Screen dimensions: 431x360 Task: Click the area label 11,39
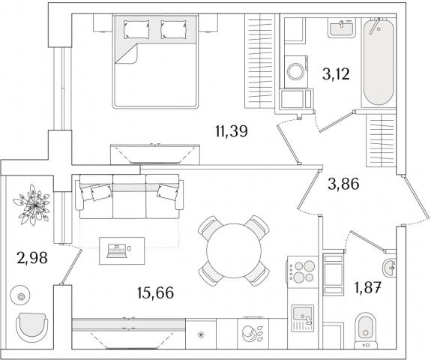tap(232, 131)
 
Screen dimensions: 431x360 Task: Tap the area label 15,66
tap(156, 292)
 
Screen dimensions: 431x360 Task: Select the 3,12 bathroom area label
tap(336, 73)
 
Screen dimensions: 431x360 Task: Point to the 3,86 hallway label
tap(343, 184)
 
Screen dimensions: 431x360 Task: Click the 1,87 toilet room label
tap(368, 289)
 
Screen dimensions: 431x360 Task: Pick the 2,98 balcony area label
tap(32, 258)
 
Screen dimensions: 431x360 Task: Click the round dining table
tap(234, 250)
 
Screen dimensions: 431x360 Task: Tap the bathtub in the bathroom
tap(378, 61)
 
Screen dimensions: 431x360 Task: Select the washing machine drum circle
tap(295, 72)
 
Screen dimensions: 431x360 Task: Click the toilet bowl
tap(366, 330)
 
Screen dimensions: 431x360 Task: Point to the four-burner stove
tap(302, 271)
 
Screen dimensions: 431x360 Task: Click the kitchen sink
tap(302, 318)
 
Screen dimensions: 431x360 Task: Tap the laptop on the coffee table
tap(117, 250)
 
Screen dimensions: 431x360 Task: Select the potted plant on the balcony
tap(32, 205)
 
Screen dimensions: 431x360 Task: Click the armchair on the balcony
tap(31, 327)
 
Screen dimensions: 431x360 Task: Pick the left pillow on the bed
tap(136, 29)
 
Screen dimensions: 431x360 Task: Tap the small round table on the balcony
tap(20, 296)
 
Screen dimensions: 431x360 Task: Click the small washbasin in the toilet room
tap(389, 266)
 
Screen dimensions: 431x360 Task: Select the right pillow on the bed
tap(173, 29)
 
